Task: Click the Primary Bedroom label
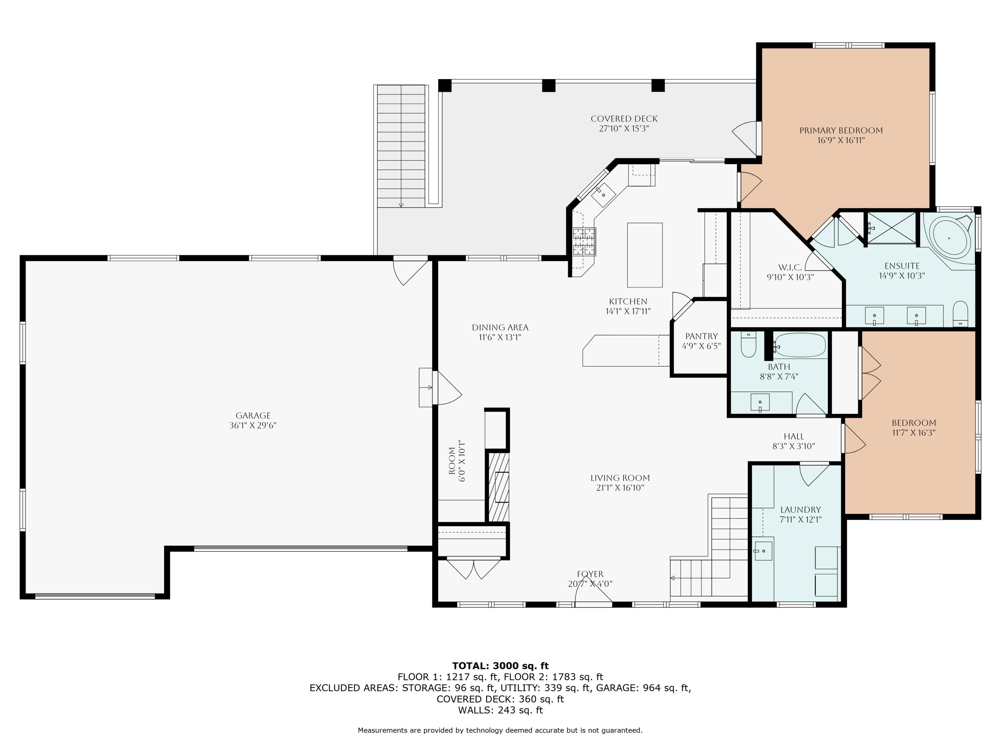pos(841,131)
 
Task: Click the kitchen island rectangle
pos(644,255)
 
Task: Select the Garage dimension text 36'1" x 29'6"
pos(253,426)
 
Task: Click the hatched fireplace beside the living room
pos(498,487)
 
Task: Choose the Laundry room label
pos(800,510)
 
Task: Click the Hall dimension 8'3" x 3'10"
pos(793,446)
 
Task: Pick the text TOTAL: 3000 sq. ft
pos(500,666)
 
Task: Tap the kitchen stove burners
pos(584,241)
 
